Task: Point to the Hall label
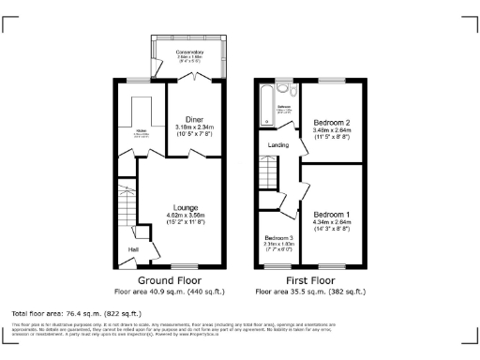tap(133, 249)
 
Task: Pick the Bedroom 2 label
tap(332, 123)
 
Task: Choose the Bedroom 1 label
tap(332, 213)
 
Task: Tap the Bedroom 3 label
tap(277, 238)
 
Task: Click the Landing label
tap(278, 145)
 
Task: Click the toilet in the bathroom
tap(293, 91)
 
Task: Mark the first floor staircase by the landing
tap(269, 171)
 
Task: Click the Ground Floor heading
tap(170, 280)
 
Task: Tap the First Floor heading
tap(310, 280)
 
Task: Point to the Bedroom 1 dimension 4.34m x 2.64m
tap(332, 223)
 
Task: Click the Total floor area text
tap(76, 312)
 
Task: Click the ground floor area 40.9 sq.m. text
tap(170, 292)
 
